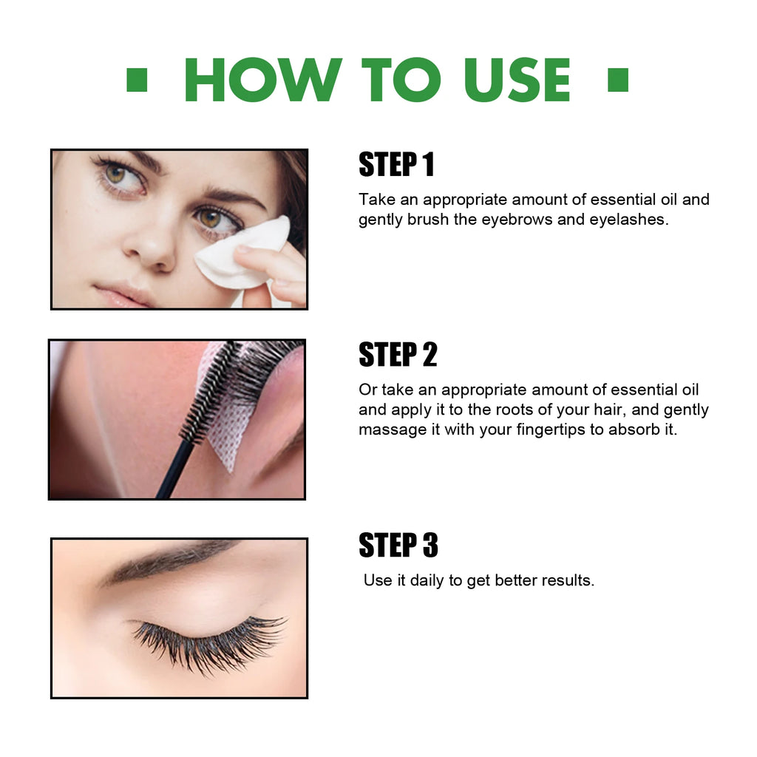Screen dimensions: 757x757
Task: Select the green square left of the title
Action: (x=137, y=80)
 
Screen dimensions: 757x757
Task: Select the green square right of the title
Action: (x=617, y=80)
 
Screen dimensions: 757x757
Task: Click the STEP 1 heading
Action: (x=396, y=165)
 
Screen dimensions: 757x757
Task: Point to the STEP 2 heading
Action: (x=398, y=356)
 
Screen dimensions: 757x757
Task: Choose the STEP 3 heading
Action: (x=398, y=546)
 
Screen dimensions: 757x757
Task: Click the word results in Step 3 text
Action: (x=567, y=580)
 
